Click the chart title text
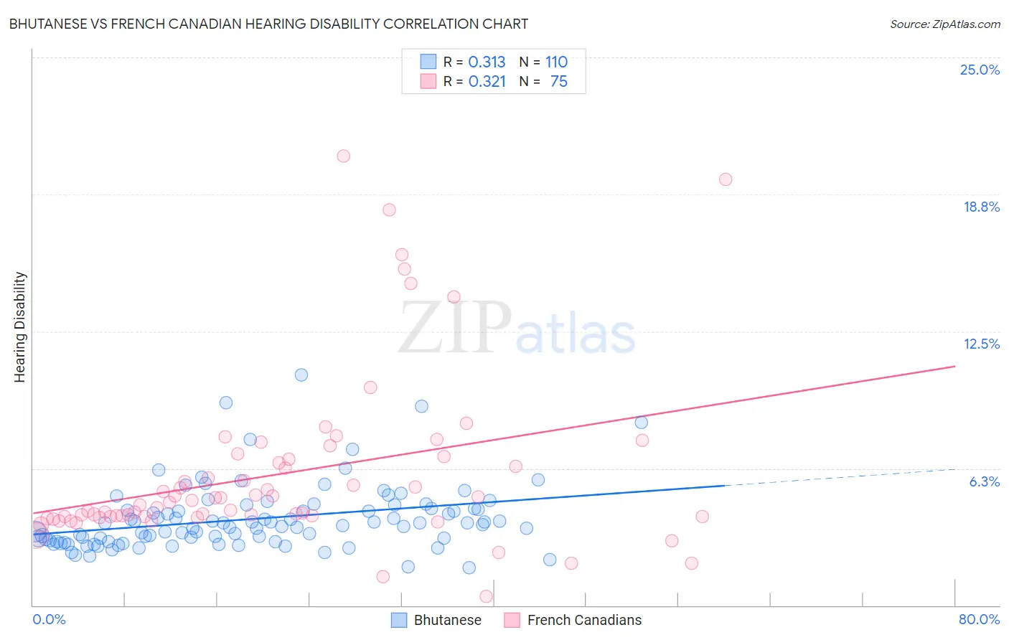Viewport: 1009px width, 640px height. click(268, 24)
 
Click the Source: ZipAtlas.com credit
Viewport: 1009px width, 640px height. click(944, 24)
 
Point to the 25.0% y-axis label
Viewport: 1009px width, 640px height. click(980, 70)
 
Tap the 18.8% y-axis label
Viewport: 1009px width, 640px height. click(981, 207)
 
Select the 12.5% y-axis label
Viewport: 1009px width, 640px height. click(981, 344)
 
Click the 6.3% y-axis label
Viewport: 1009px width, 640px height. click(984, 481)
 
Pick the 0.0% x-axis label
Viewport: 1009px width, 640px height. click(49, 619)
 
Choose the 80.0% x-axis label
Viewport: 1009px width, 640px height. click(979, 619)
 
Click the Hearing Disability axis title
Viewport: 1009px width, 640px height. click(19, 327)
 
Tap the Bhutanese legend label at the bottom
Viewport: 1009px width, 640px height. click(447, 620)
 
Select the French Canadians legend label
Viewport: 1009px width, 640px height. click(584, 620)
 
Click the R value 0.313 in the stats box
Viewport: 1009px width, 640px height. click(487, 62)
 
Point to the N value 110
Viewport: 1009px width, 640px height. click(556, 62)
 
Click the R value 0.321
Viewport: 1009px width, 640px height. click(487, 81)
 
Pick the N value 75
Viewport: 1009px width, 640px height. click(558, 81)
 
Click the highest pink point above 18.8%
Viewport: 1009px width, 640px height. click(344, 156)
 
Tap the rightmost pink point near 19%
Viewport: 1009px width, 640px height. click(726, 179)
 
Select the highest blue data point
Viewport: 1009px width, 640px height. click(301, 375)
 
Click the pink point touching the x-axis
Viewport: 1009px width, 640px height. click(486, 596)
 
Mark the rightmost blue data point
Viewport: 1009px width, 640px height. click(642, 423)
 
